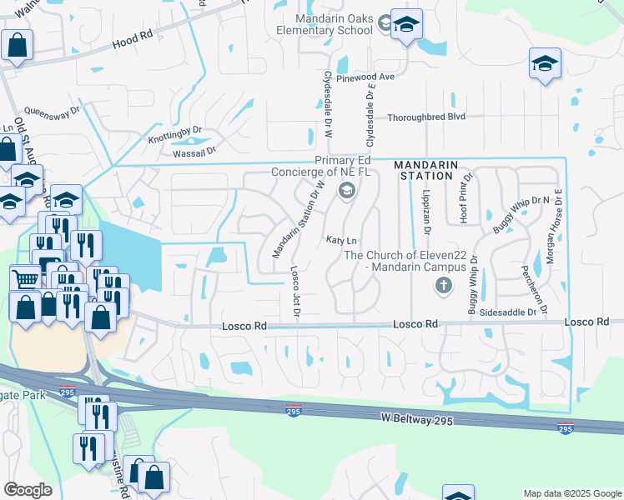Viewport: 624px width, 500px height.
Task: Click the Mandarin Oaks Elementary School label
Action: [333, 24]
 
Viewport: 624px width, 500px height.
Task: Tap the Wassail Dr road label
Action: [194, 151]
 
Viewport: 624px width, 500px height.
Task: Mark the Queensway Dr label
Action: [52, 109]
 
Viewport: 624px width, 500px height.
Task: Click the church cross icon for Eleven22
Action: [444, 287]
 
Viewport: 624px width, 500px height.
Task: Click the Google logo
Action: [28, 489]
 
